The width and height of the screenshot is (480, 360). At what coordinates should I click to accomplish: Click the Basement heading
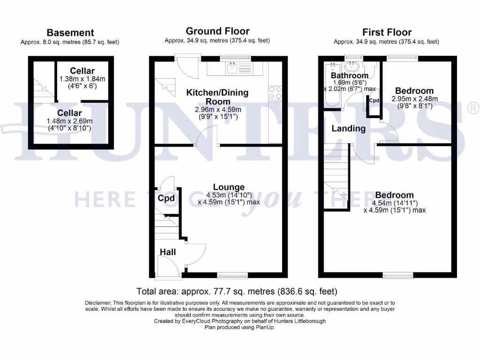[70, 33]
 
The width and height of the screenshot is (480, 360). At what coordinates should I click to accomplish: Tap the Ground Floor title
[217, 31]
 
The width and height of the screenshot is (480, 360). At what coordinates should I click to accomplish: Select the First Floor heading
[387, 32]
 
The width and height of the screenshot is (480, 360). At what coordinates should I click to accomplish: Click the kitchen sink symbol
[232, 69]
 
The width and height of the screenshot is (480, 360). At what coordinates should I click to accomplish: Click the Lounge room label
[229, 187]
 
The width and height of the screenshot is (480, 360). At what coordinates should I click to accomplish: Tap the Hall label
[168, 252]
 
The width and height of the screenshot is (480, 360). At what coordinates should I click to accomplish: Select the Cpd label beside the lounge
[166, 198]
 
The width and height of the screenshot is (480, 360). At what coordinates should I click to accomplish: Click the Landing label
[349, 128]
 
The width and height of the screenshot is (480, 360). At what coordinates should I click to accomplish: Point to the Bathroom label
[349, 75]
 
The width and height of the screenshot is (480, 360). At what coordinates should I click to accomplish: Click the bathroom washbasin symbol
[352, 66]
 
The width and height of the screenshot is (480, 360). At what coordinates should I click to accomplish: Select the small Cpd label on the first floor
[374, 101]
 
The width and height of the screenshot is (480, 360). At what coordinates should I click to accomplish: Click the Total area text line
[237, 291]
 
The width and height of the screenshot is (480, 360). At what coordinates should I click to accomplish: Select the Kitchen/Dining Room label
[217, 97]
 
